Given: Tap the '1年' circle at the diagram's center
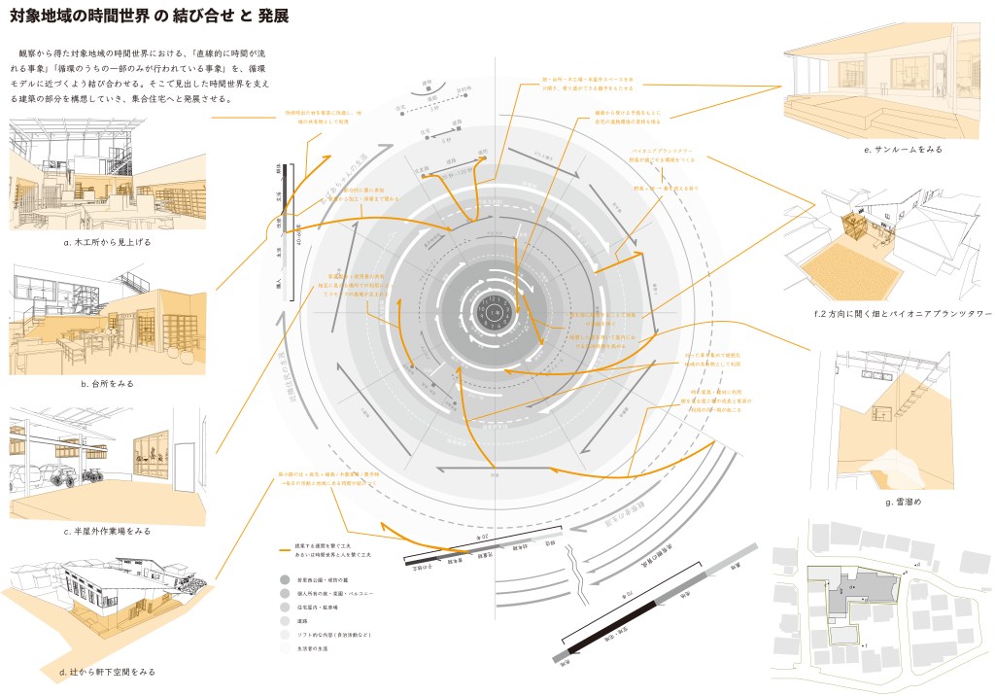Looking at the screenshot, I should [496, 314].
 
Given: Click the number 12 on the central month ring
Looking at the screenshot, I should [496, 296].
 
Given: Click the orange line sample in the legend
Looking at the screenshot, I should [284, 552].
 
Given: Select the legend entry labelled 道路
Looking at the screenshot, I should [283, 618].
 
